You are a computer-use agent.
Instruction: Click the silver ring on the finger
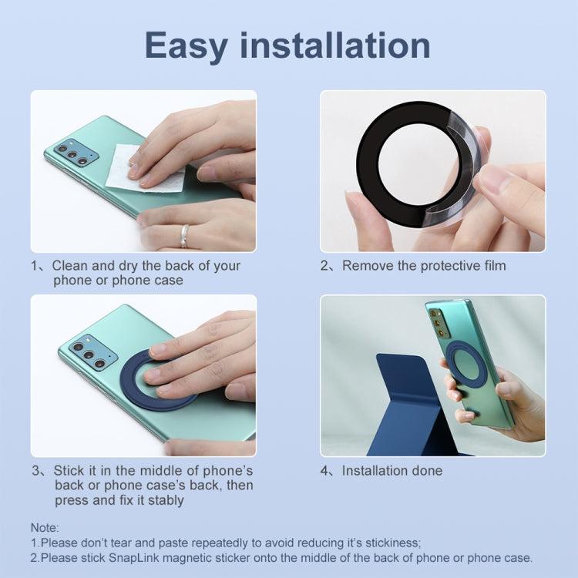[184, 236]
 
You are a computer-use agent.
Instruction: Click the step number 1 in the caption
[34, 266]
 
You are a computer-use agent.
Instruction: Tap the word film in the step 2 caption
[491, 266]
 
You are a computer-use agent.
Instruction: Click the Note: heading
[45, 527]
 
